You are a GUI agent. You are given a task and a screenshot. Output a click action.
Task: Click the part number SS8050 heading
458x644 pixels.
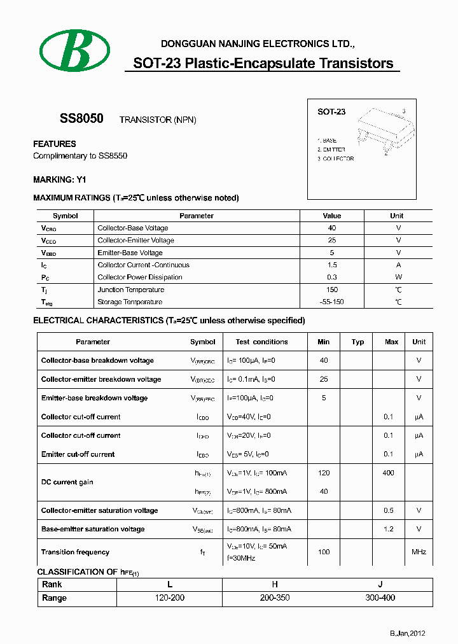81,119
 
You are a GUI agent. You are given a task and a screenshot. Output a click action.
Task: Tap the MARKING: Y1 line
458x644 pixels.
59,180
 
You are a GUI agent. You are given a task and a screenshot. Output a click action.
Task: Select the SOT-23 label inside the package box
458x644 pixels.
331,111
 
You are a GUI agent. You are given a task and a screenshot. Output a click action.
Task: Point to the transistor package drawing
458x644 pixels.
382,130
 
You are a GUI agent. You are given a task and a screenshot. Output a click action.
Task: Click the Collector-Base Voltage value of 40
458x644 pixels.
331,228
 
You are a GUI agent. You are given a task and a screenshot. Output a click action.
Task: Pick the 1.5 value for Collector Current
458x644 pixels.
331,265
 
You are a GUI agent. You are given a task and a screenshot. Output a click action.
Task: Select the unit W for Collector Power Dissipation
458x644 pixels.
398,277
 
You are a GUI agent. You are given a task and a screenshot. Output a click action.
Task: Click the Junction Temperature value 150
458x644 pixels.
331,290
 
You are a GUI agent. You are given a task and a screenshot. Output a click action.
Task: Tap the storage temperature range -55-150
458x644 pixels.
331,302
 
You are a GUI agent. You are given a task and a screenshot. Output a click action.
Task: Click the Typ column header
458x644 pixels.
357,342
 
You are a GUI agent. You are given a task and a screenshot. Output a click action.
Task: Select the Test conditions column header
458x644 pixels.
261,342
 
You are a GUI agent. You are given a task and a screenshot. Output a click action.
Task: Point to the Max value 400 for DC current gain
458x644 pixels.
388,473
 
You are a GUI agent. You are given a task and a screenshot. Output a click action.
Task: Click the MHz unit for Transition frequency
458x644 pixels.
419,552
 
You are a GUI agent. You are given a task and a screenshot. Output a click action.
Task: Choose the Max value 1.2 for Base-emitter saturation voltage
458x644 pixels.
389,529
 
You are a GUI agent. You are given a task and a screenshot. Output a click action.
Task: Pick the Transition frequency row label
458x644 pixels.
75,552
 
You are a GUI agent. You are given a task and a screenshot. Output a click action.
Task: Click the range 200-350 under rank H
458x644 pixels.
275,598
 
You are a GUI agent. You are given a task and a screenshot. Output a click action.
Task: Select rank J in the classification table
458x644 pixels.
380,584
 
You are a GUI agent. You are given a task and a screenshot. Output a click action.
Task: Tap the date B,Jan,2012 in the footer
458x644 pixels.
407,633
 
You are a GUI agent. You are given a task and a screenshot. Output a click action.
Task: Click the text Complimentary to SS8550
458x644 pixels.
80,156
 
